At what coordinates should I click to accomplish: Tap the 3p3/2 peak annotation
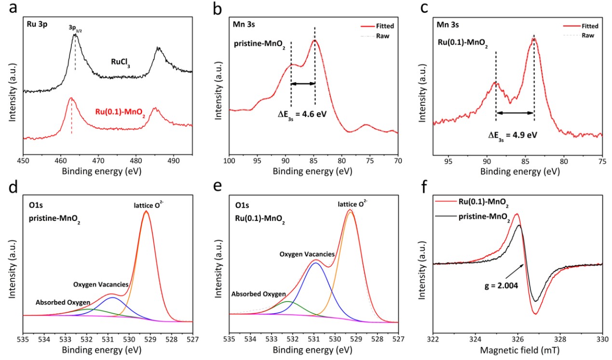pos(75,28)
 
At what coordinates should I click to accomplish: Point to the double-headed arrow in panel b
pos(303,83)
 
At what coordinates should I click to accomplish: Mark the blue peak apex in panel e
pos(315,263)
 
